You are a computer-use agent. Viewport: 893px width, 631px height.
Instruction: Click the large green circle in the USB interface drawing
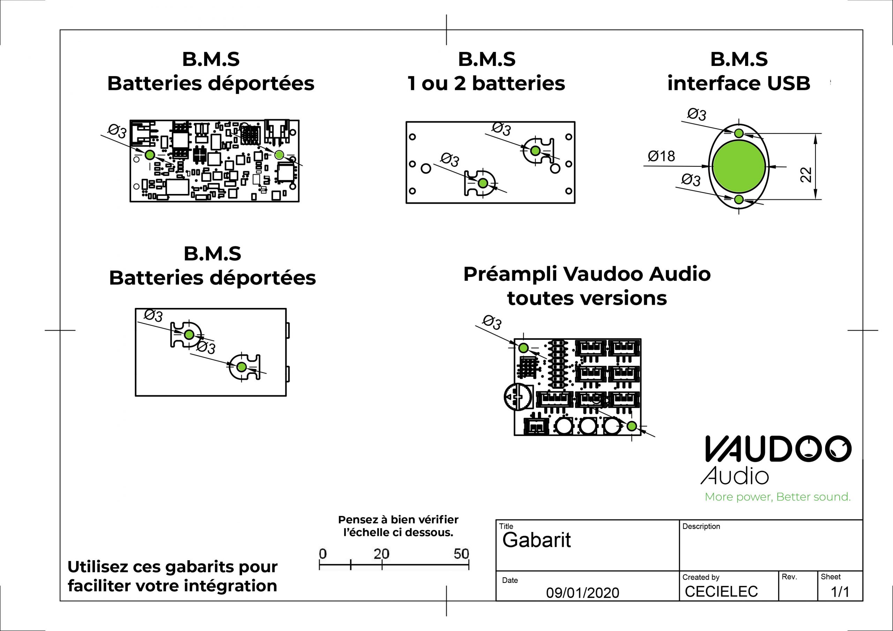pyautogui.click(x=739, y=166)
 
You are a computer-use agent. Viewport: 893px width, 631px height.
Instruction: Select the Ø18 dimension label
pyautogui.click(x=661, y=156)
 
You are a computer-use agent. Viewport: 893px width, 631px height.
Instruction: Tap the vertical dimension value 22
pyautogui.click(x=806, y=175)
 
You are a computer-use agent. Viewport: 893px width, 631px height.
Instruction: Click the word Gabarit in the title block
pyautogui.click(x=536, y=540)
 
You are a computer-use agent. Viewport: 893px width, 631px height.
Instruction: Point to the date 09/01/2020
pyautogui.click(x=582, y=593)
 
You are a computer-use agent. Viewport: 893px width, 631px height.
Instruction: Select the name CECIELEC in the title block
pyautogui.click(x=721, y=591)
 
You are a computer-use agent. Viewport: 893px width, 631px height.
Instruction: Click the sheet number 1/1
pyautogui.click(x=840, y=592)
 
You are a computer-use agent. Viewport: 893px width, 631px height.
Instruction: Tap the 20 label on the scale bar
pyautogui.click(x=381, y=554)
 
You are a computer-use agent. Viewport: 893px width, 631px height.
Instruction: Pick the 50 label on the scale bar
pyautogui.click(x=461, y=554)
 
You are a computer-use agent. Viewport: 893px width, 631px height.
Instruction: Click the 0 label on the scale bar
pyautogui.click(x=323, y=554)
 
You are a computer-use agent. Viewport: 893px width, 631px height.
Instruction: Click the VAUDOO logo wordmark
pyautogui.click(x=778, y=449)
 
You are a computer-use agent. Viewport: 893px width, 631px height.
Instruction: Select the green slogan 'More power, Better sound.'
pyautogui.click(x=778, y=497)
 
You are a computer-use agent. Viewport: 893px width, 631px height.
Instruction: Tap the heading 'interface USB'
pyautogui.click(x=738, y=83)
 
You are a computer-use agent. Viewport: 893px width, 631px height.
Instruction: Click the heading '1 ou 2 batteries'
pyautogui.click(x=486, y=83)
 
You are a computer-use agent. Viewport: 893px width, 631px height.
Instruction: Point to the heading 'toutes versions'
pyautogui.click(x=587, y=298)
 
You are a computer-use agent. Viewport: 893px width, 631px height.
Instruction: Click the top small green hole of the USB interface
pyautogui.click(x=739, y=134)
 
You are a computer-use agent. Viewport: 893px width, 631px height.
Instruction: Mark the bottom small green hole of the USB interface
pyautogui.click(x=739, y=200)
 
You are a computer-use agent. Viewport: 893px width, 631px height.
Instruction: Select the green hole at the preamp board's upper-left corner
pyautogui.click(x=524, y=348)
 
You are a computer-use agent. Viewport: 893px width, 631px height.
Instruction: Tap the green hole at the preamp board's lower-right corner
pyautogui.click(x=632, y=426)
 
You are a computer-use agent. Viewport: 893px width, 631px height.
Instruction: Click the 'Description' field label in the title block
pyautogui.click(x=701, y=526)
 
